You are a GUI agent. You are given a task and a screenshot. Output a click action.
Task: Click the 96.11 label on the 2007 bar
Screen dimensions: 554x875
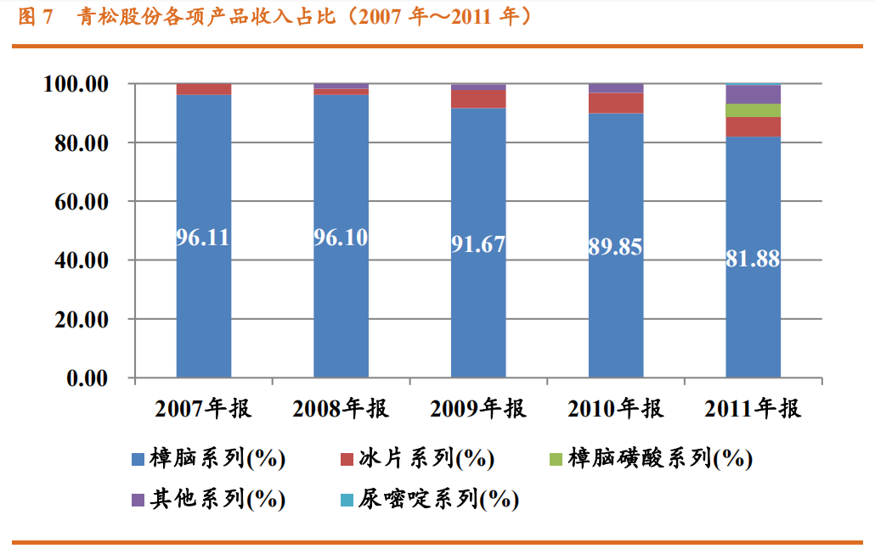[203, 238]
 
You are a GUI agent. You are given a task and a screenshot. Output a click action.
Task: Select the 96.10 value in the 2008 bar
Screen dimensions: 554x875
[341, 238]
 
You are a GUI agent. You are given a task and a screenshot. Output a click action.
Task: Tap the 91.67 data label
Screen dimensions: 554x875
[478, 244]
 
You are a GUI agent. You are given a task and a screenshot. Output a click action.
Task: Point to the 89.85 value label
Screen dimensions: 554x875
[616, 247]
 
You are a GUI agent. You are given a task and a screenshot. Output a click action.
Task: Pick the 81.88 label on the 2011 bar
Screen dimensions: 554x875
[753, 260]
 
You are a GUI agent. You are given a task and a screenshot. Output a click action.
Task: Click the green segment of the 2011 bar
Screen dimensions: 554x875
[753, 110]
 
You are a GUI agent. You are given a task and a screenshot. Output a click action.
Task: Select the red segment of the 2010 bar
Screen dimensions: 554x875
[616, 103]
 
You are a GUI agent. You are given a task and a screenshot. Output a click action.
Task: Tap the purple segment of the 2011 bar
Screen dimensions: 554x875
[753, 94]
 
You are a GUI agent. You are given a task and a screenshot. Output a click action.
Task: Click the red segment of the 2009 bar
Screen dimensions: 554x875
[478, 98]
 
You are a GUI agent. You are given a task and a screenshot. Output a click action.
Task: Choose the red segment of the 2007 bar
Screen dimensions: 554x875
[203, 89]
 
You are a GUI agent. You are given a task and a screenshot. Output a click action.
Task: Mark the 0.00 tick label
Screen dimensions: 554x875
[90, 378]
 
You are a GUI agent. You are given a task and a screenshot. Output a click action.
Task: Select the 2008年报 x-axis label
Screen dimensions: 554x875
[341, 409]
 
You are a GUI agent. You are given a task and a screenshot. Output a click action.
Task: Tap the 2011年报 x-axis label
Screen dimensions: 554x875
[753, 409]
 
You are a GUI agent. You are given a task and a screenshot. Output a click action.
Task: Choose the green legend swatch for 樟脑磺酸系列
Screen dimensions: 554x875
[555, 460]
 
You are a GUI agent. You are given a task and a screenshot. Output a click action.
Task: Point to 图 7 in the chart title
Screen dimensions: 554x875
[37, 16]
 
